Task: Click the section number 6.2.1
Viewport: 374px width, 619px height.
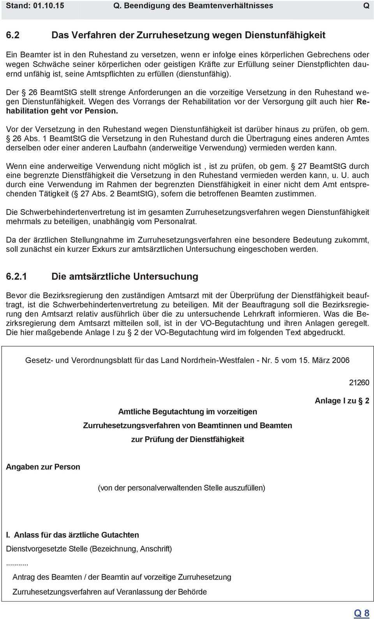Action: [x=17, y=277]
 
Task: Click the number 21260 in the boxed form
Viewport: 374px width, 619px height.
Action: [x=359, y=383]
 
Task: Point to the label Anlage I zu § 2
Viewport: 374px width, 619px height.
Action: [x=342, y=401]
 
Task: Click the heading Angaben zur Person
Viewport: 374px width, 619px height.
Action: [x=43, y=467]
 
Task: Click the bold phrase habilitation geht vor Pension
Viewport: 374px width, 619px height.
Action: [x=62, y=111]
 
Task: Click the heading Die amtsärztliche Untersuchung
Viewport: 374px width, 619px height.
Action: [x=125, y=277]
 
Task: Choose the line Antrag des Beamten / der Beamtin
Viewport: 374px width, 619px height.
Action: [x=122, y=577]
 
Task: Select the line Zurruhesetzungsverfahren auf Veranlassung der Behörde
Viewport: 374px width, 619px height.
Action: [x=109, y=592]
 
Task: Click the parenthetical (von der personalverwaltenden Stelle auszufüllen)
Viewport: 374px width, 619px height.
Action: [x=181, y=488]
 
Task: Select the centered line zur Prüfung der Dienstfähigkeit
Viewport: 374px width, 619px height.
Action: [x=187, y=439]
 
